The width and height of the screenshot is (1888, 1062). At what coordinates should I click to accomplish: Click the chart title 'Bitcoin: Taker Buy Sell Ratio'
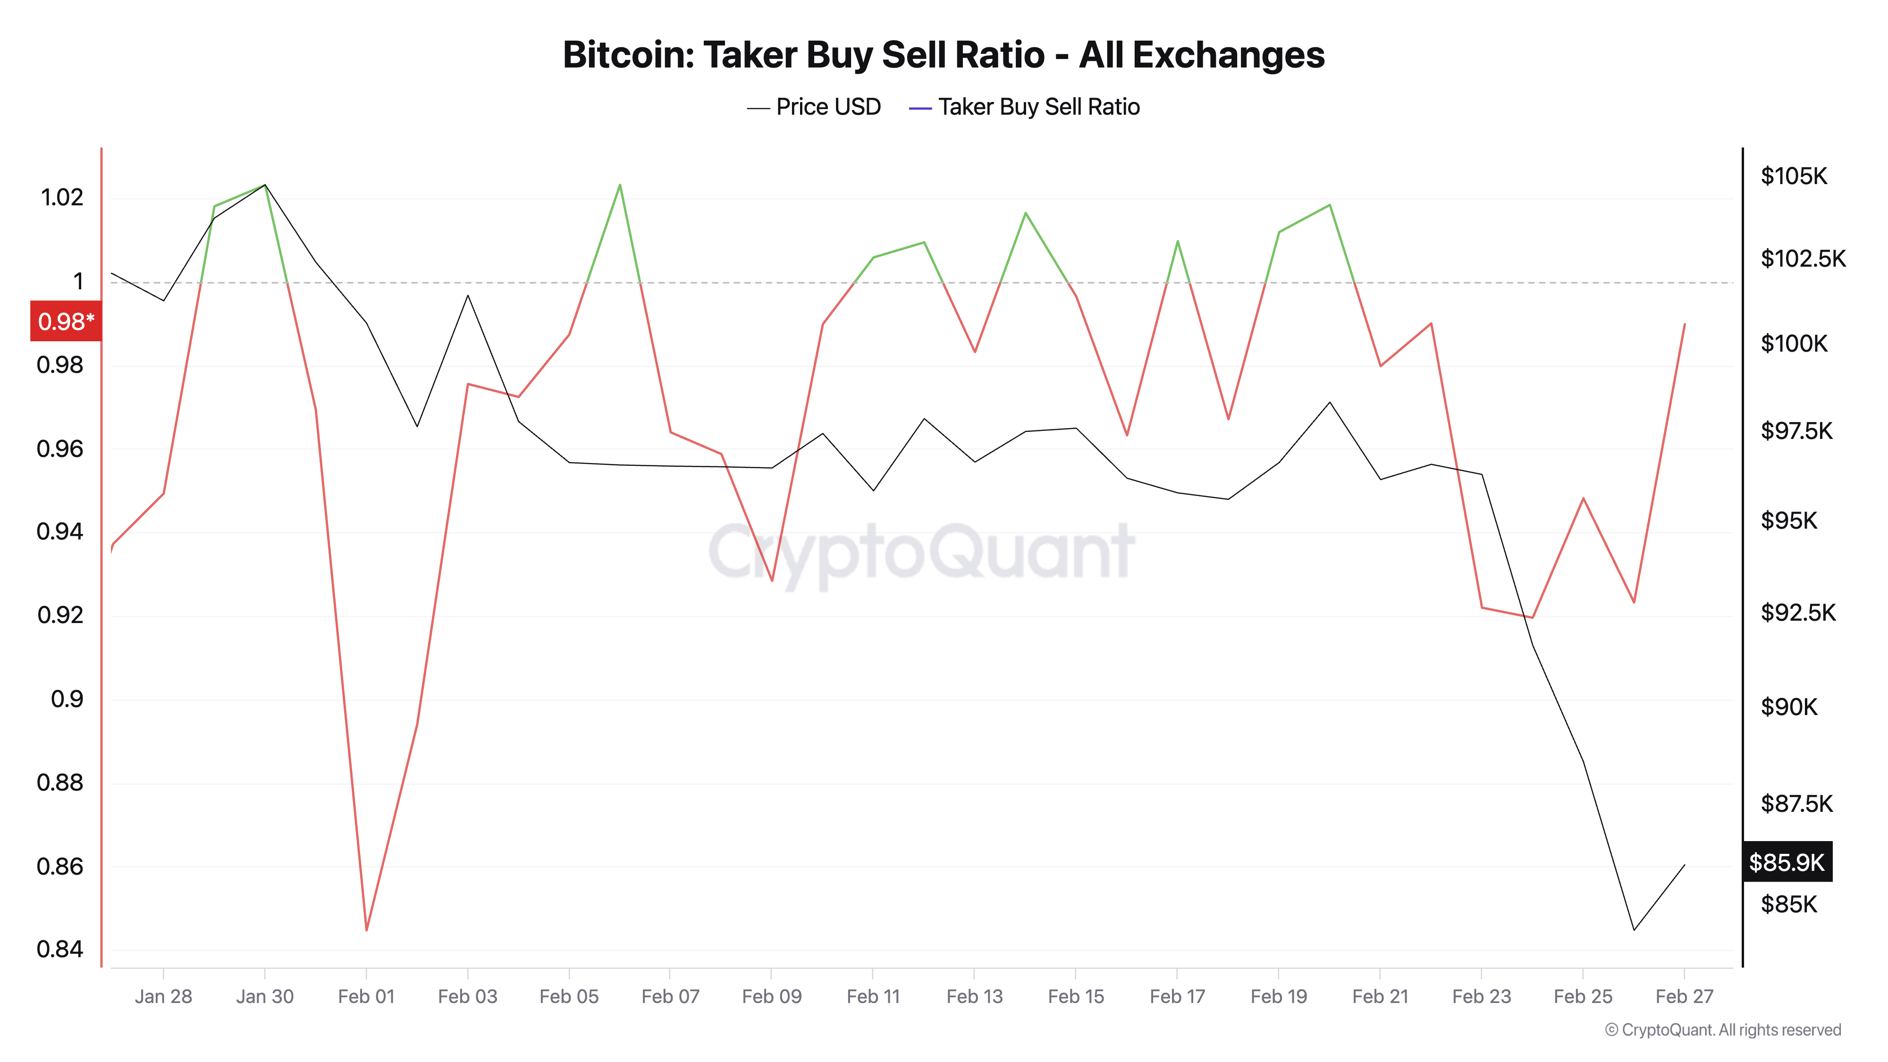point(943,55)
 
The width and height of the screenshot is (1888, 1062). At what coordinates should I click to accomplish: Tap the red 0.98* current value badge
point(65,321)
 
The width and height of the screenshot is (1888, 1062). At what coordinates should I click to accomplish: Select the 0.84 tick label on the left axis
point(59,949)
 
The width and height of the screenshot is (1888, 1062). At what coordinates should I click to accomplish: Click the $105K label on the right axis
point(1794,176)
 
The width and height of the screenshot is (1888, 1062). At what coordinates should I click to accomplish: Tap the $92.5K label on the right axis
point(1798,612)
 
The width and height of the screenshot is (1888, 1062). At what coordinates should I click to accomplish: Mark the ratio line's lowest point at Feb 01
point(366,930)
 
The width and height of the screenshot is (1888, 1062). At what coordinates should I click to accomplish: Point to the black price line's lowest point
point(1634,930)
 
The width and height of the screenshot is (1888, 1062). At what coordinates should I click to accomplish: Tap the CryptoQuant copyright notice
point(1722,1030)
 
